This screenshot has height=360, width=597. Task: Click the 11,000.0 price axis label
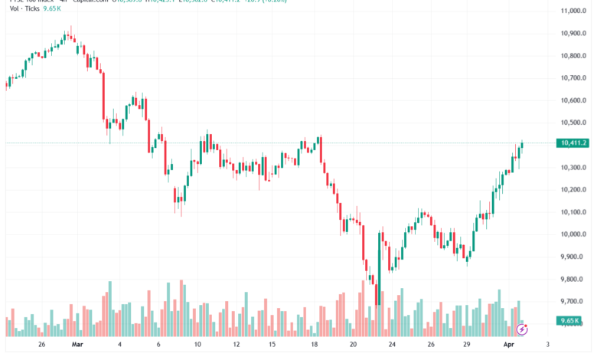(x=573, y=11)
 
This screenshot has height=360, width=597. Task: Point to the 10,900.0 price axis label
(x=573, y=34)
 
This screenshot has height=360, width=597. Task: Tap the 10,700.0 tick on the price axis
(x=573, y=78)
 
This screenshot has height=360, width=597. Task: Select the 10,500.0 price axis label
(x=573, y=123)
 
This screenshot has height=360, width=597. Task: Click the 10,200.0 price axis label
(x=573, y=190)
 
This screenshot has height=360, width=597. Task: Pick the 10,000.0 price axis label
(x=573, y=234)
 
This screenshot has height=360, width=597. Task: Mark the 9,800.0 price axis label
(x=573, y=280)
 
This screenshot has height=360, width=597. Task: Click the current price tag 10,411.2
(x=573, y=143)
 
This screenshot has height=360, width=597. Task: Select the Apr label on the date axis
(x=510, y=345)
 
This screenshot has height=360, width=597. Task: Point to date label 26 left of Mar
(x=41, y=345)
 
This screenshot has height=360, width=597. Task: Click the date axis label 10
(x=197, y=345)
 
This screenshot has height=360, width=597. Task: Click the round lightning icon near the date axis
(x=522, y=329)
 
